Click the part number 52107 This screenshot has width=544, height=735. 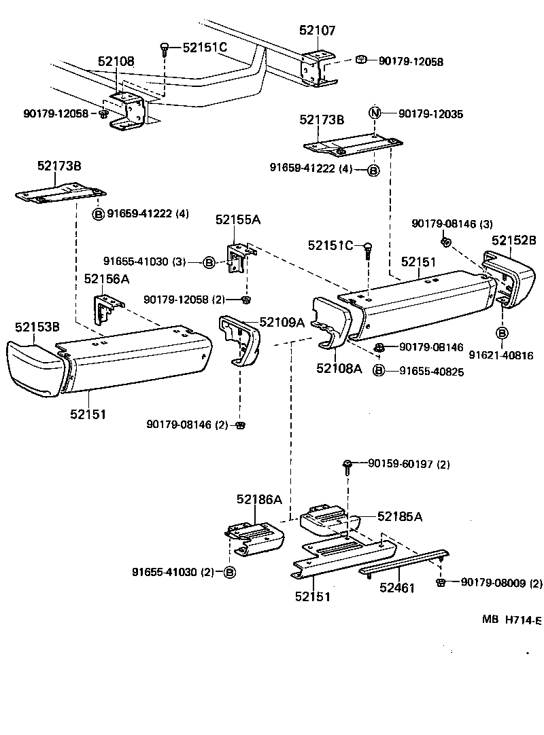click(x=317, y=31)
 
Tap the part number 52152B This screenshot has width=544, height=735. click(x=514, y=240)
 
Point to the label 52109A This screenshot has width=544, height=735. click(x=282, y=323)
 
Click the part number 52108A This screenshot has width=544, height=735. click(x=339, y=369)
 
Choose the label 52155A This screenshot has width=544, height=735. click(x=238, y=219)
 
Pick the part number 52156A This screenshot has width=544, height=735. click(x=107, y=279)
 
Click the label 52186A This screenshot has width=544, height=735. click(x=259, y=499)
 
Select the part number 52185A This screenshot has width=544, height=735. click(x=399, y=516)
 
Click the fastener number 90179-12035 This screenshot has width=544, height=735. click(x=430, y=114)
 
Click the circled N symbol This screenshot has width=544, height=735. click(x=374, y=113)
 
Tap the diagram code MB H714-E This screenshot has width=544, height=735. click(x=512, y=620)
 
